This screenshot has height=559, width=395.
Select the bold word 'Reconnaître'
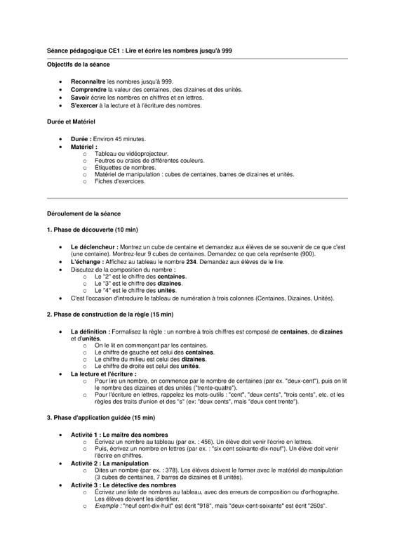click(x=88, y=82)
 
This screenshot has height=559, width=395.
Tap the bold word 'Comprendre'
click(x=89, y=90)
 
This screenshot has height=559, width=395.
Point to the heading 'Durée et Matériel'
click(x=70, y=122)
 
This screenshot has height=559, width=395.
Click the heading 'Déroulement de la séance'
click(x=83, y=212)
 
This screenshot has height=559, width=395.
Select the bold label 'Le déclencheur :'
click(x=95, y=247)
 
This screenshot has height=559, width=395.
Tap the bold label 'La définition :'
click(x=91, y=331)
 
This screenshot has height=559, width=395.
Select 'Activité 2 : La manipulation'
click(x=109, y=464)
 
